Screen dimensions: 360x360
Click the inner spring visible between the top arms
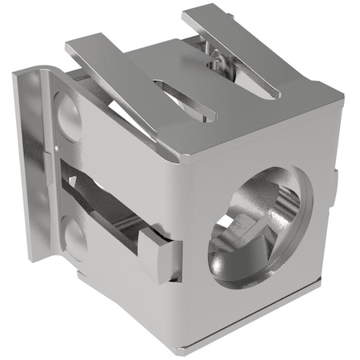[216, 62]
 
